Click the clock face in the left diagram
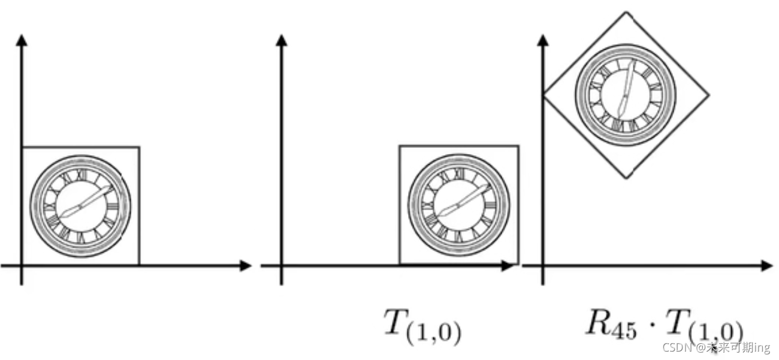80,207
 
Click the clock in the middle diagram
458,205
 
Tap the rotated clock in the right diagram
626,94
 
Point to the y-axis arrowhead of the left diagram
22,40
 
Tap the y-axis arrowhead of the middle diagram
281,40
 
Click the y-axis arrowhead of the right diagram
543,40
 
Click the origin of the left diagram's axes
22,265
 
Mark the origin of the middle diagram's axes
281,265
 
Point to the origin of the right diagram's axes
543,265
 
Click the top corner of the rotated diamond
626,12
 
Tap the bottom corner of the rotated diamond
627,178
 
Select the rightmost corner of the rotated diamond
709,95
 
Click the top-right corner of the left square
139,147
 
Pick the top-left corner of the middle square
400,146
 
